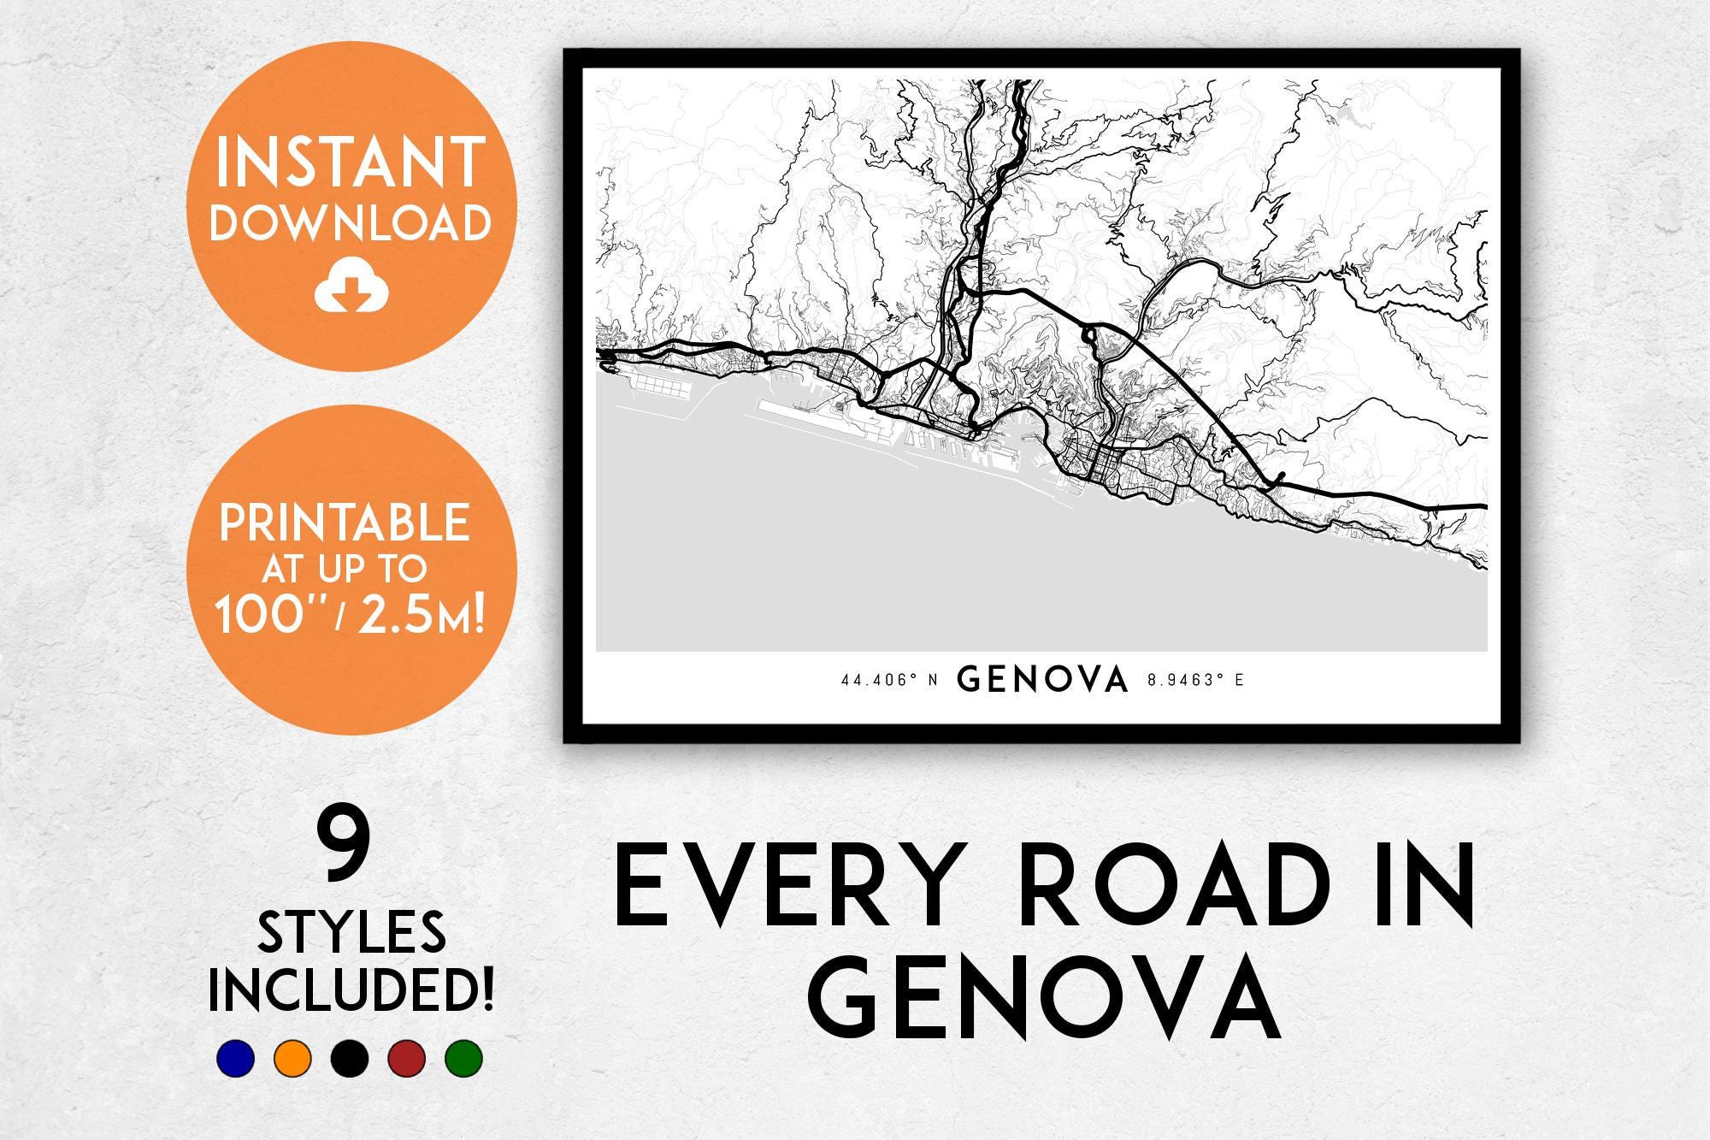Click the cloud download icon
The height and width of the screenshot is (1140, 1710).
click(351, 288)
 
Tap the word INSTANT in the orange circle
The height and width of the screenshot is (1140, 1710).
click(351, 162)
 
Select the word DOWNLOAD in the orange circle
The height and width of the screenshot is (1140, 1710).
click(351, 222)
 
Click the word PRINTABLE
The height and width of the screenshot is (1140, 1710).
click(345, 523)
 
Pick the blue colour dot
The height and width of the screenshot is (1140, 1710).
click(235, 1058)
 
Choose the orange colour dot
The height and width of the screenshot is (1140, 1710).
click(292, 1058)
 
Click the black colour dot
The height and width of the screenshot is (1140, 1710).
click(350, 1058)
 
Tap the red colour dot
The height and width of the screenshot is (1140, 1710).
click(407, 1058)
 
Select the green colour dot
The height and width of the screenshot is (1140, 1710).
click(464, 1058)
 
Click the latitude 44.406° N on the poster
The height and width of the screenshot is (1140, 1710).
click(890, 681)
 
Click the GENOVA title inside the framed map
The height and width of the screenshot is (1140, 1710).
click(1043, 680)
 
